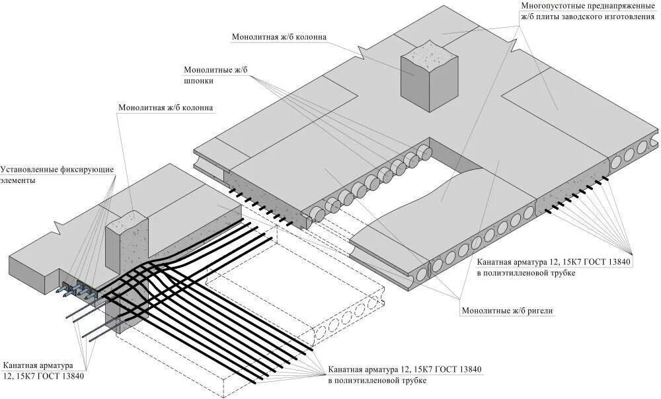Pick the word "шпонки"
(x=199, y=81)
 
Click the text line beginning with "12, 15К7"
(x=42, y=377)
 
